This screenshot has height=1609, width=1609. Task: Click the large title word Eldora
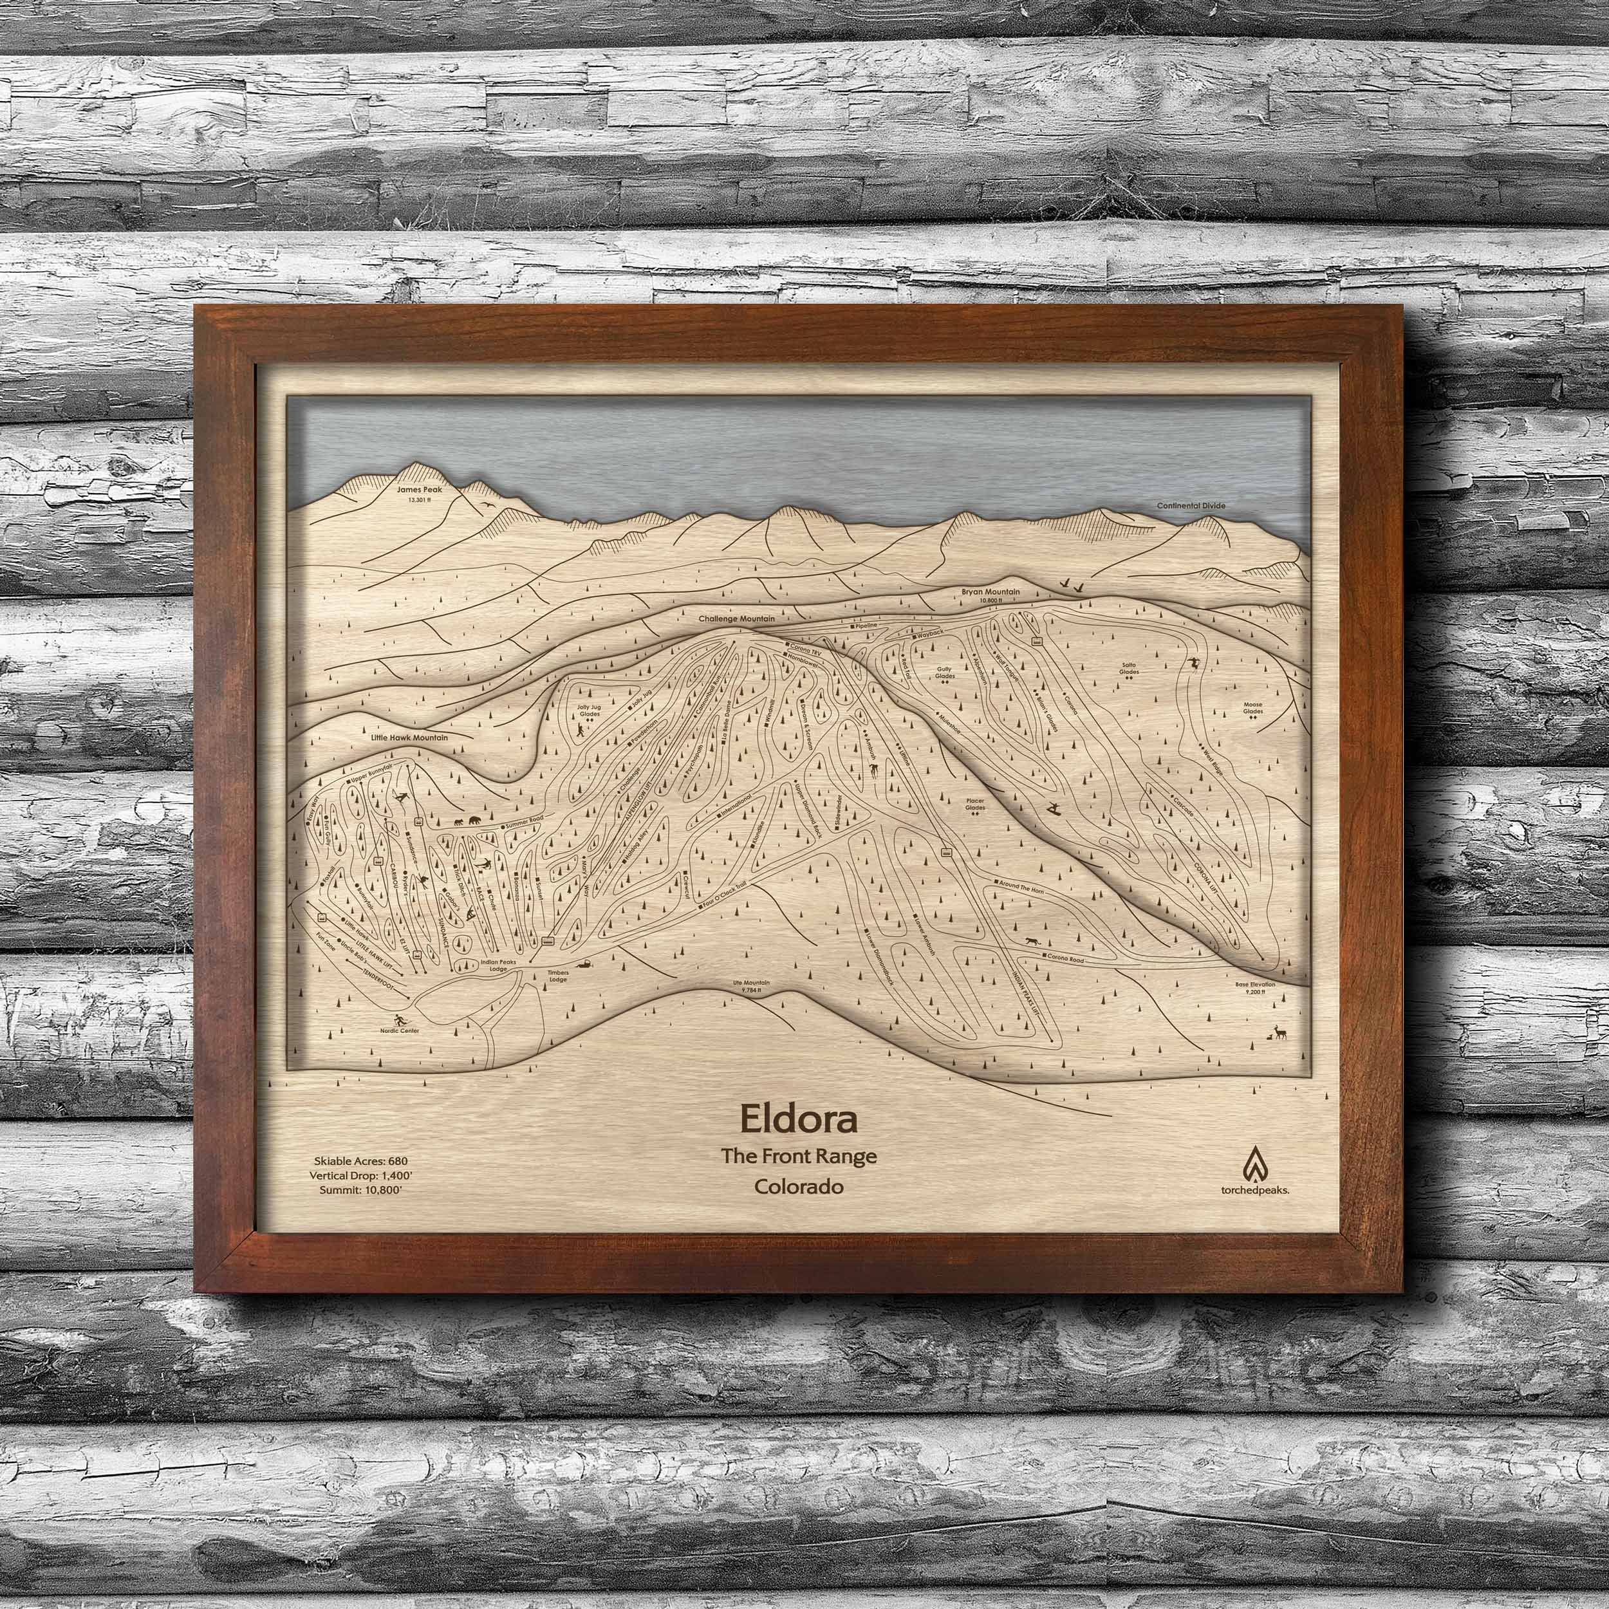(x=798, y=1120)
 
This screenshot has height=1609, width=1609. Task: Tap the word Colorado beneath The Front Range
(x=798, y=1187)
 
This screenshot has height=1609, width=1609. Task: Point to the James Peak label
(x=420, y=490)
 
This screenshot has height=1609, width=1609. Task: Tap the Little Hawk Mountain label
(x=410, y=738)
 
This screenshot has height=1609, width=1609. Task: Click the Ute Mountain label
(x=750, y=983)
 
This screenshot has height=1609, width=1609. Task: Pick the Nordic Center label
(x=400, y=1030)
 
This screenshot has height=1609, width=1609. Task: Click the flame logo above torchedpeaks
(x=1254, y=1164)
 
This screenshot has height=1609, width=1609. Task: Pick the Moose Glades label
(x=1252, y=708)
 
